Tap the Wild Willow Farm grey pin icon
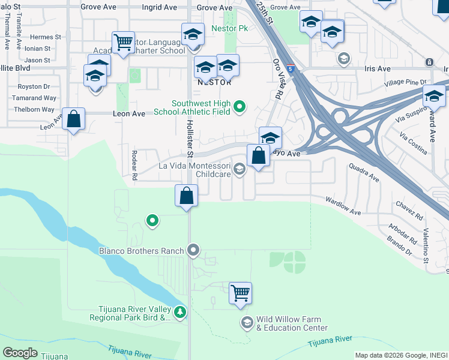point(247,323)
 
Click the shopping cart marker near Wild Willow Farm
point(240,293)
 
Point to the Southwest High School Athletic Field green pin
point(240,107)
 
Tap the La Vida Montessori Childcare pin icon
point(240,169)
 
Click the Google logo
point(20,353)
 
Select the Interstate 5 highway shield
point(291,69)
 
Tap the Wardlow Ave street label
point(343,206)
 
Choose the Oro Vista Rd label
point(277,79)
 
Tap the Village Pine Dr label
point(406,82)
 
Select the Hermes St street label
point(46,37)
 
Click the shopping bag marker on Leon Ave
point(73,119)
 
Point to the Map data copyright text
point(401,355)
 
